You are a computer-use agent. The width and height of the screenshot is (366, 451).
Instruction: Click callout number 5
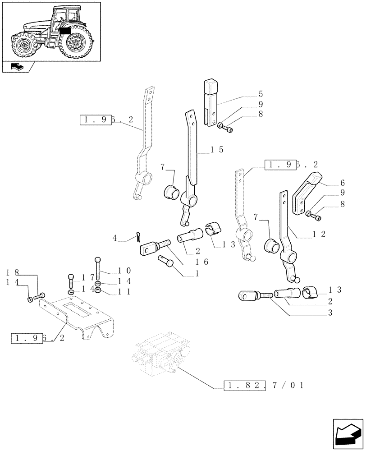tap(261, 95)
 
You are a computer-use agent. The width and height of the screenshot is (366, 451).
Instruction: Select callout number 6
tap(342, 183)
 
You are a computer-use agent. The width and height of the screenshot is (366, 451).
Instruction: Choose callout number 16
tap(201, 262)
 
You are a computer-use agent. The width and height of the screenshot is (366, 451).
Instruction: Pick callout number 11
tap(125, 291)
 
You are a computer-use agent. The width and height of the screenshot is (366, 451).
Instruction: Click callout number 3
tap(330, 313)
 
